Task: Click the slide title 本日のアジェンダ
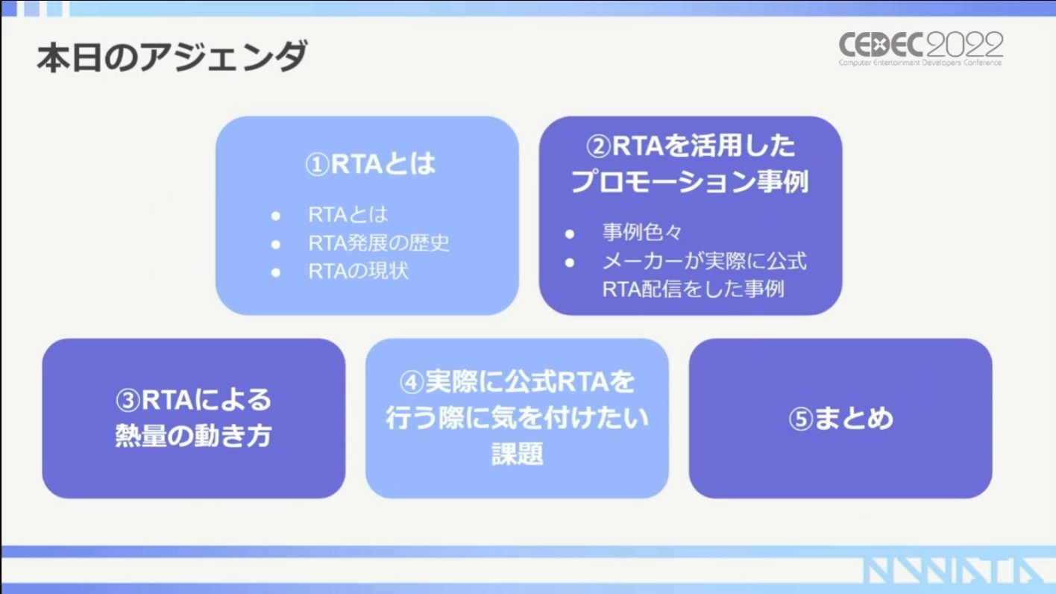click(172, 57)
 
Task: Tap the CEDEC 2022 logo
click(921, 49)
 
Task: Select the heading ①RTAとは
click(370, 164)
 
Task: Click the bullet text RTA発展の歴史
click(379, 243)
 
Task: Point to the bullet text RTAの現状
click(358, 271)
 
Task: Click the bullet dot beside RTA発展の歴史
click(276, 245)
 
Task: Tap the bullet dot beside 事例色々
click(570, 234)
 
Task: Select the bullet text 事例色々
click(642, 232)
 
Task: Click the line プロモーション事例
click(690, 181)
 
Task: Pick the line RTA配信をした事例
click(693, 289)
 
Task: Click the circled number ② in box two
click(598, 146)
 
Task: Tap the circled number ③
click(128, 401)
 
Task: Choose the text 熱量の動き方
click(194, 435)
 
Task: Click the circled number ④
click(412, 382)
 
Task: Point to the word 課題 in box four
click(517, 454)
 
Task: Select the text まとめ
click(854, 418)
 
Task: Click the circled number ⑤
click(801, 419)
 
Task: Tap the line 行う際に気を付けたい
click(517, 418)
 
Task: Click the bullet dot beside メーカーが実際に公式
click(570, 263)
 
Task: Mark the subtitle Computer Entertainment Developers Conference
click(920, 62)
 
